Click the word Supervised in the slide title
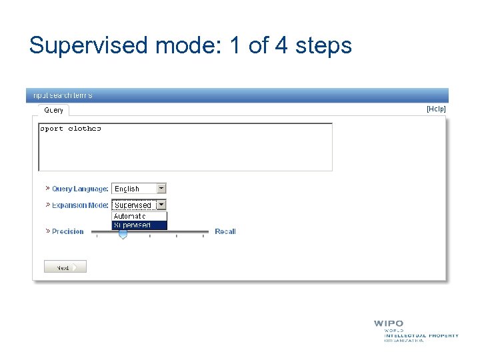click(89, 46)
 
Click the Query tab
click(54, 110)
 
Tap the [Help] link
click(436, 109)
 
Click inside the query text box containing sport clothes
click(185, 147)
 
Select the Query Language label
click(80, 189)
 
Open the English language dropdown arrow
click(161, 189)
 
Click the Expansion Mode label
click(80, 205)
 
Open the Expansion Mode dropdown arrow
click(161, 205)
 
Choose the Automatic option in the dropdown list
click(130, 216)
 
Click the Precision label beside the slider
click(68, 231)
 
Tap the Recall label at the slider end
click(225, 231)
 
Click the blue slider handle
click(123, 234)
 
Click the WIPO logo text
click(388, 324)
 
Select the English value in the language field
click(127, 189)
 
